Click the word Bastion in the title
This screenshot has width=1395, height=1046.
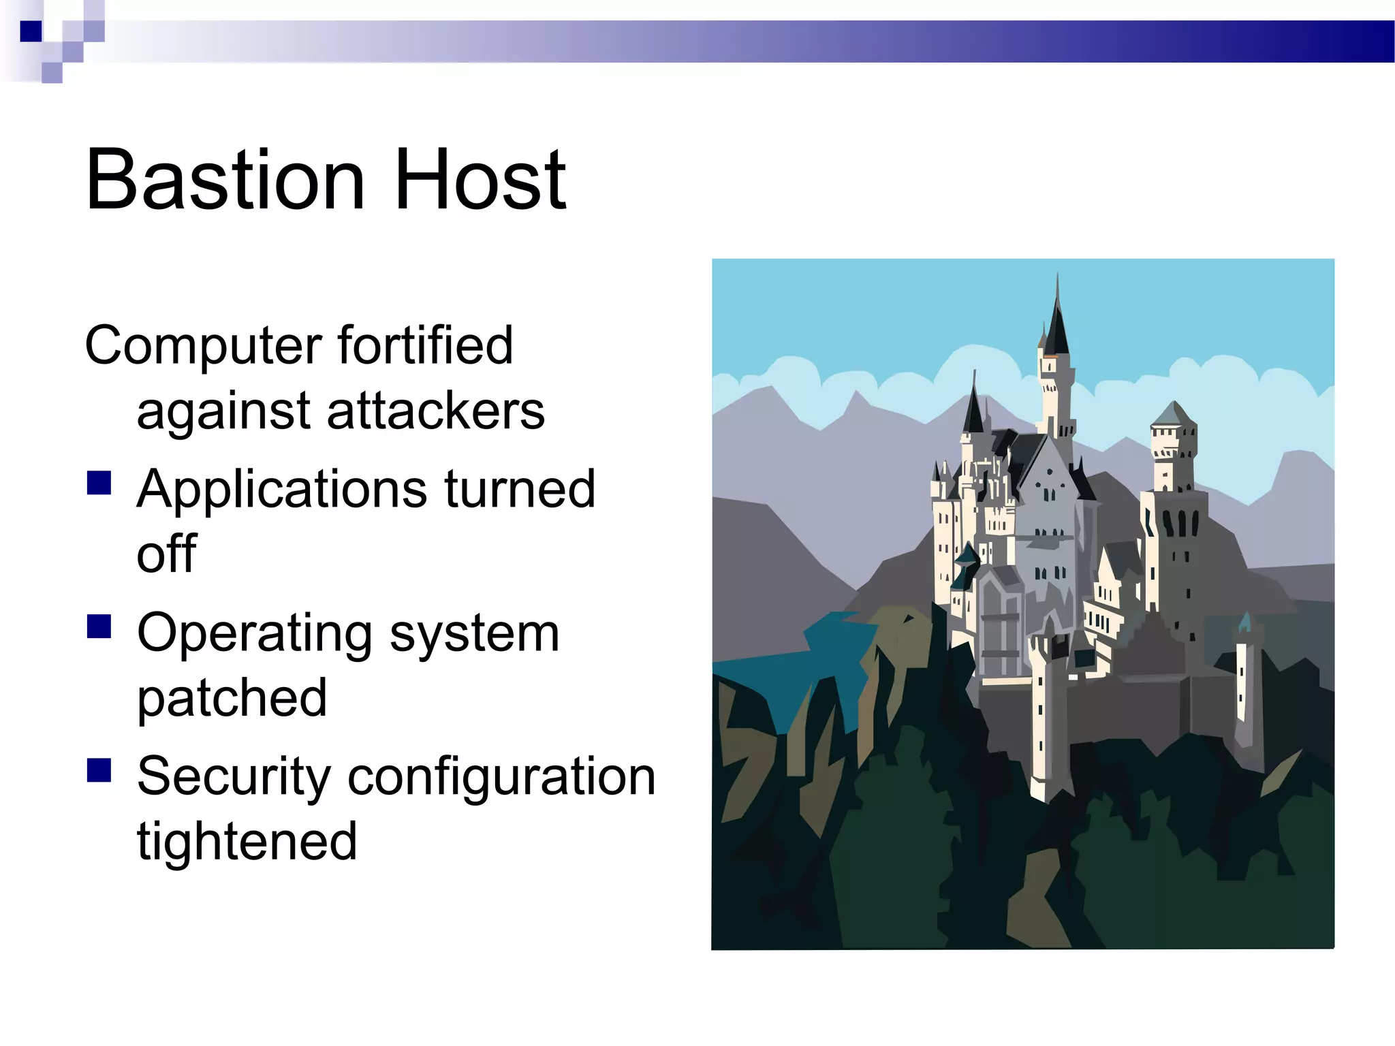tap(225, 180)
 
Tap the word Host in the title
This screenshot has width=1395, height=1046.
tap(480, 180)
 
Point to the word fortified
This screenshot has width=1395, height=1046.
tap(425, 345)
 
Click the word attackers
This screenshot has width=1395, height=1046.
tap(436, 411)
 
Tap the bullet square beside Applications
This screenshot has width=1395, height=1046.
tap(99, 483)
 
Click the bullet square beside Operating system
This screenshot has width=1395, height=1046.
tap(99, 627)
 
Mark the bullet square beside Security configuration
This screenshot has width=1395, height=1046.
tap(99, 770)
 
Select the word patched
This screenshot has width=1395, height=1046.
tap(232, 700)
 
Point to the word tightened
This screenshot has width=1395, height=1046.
tap(247, 843)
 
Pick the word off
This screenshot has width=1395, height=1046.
tap(166, 554)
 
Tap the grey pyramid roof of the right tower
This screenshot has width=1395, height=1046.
tap(1173, 413)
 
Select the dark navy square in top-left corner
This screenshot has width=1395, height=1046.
tap(31, 31)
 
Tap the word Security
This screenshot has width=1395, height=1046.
tap(234, 778)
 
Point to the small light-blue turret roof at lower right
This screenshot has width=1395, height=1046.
tap(1244, 622)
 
